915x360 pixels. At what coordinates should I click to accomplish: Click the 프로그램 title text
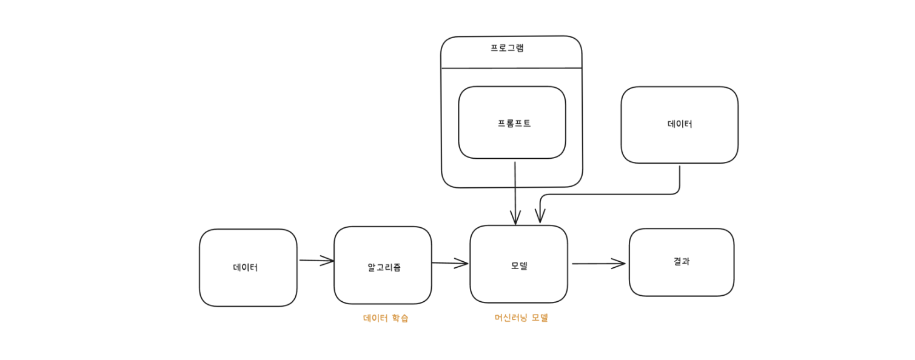tap(507, 48)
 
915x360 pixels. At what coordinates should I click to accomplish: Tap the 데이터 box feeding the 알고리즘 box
tap(248, 267)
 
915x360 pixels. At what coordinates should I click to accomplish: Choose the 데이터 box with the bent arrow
tap(679, 124)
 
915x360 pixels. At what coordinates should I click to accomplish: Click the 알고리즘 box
tap(383, 265)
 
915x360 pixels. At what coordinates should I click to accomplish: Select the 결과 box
tap(681, 262)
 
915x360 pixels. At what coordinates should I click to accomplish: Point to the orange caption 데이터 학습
tap(385, 318)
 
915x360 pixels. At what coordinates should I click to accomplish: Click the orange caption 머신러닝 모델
tap(521, 318)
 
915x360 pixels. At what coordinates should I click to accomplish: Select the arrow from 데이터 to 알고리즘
tap(315, 261)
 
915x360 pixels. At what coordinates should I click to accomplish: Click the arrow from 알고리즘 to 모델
tap(449, 263)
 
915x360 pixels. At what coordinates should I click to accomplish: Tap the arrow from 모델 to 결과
tap(597, 264)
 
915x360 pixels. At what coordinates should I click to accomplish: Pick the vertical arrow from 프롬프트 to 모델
tap(515, 191)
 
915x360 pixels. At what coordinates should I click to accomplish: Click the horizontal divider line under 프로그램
tap(511, 68)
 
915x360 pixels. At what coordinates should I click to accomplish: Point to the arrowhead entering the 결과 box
tap(620, 264)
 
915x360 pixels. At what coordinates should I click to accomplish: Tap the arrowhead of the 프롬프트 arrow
tap(515, 218)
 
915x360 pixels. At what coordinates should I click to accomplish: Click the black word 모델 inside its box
tap(519, 265)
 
